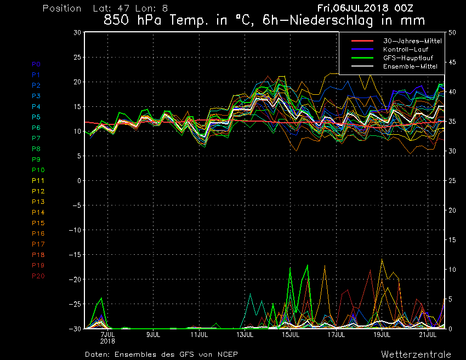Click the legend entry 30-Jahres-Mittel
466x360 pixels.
tap(411, 41)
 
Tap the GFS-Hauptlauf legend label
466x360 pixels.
tap(410, 58)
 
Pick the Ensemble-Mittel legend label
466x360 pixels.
tap(411, 66)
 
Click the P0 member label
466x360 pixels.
tap(36, 64)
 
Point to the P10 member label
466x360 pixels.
tap(38, 170)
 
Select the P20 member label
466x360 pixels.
tap(38, 276)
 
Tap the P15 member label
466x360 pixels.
tap(38, 222)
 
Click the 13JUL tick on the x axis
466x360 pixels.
tap(245, 334)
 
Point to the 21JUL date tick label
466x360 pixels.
tap(428, 334)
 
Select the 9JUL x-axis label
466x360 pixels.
tap(154, 334)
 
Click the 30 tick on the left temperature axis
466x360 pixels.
tap(77, 32)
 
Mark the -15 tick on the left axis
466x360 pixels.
tap(75, 254)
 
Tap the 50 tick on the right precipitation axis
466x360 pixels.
tap(452, 32)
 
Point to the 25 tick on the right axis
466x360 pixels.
tap(452, 180)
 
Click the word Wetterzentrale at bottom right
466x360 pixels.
tap(416, 354)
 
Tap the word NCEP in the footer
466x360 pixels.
tap(226, 354)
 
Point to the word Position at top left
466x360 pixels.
tap(61, 9)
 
